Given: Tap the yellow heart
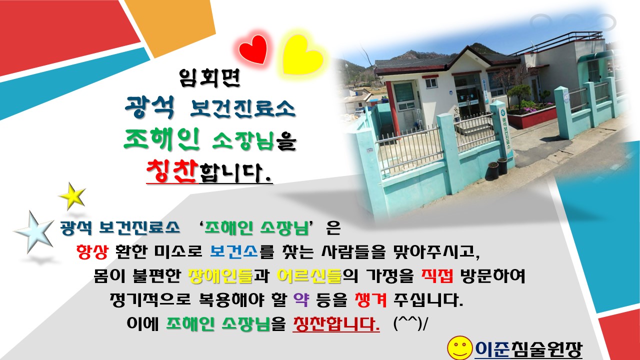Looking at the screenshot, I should coord(303,54).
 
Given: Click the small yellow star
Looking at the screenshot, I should coord(72,196).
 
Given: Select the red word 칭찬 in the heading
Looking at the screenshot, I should coord(172,172).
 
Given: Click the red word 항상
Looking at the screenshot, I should coord(91,251).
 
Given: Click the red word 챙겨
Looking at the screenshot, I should coord(368,300).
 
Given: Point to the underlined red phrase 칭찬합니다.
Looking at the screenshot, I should coord(335,324).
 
